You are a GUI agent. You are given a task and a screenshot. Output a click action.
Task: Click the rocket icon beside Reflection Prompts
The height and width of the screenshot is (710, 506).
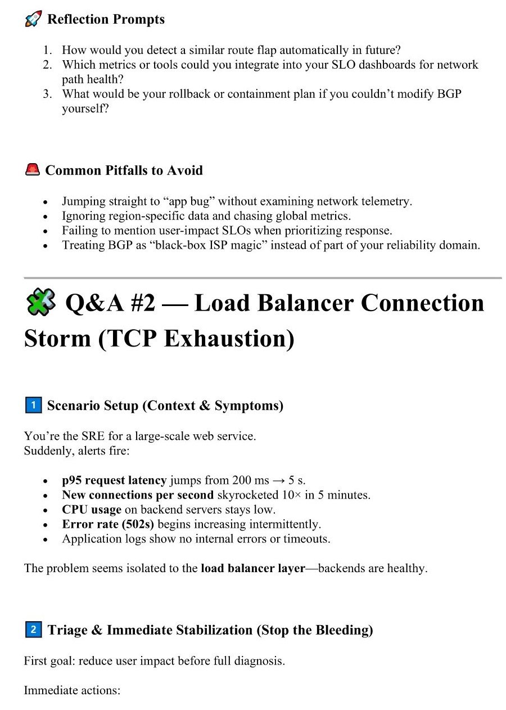pos(33,19)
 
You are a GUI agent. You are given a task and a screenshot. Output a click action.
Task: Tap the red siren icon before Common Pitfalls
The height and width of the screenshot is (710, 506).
pos(33,170)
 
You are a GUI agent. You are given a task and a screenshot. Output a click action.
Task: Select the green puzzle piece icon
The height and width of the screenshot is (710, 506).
pos(40,303)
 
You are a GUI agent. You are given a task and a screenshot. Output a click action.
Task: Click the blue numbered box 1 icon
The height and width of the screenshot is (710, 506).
pos(33,405)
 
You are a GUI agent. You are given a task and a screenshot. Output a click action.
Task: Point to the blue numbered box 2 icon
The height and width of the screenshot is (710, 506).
pos(33,630)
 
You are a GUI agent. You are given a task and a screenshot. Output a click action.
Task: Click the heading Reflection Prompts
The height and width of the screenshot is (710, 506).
pos(106,19)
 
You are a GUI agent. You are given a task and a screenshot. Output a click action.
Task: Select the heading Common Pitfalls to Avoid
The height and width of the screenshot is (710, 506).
pos(124,170)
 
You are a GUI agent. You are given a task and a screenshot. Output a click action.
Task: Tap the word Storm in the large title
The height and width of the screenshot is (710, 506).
pos(57,339)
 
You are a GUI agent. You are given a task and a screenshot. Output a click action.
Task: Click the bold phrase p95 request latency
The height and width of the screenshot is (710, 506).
pos(114,480)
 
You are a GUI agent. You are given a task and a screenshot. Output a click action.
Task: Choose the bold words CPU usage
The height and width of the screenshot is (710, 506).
pos(92,510)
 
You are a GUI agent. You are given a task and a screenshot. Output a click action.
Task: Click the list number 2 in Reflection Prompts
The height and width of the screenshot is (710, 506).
pos(47,65)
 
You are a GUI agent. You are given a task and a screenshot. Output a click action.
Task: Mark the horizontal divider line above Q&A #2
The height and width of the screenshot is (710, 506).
pos(262,278)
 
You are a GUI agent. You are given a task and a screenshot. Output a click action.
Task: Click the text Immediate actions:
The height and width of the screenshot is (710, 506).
pos(72,690)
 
